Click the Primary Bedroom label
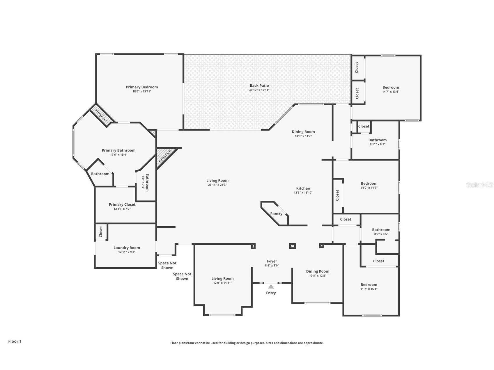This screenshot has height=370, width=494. [x=142, y=87]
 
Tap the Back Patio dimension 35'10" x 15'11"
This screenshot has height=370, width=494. [x=259, y=90]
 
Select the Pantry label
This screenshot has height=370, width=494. [x=276, y=214]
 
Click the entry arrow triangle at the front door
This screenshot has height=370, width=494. [x=271, y=287]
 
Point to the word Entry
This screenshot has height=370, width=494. [x=271, y=293]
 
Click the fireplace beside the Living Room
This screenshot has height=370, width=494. [x=165, y=156]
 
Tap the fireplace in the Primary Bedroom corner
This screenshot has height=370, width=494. [x=101, y=115]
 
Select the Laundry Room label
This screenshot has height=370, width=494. [x=127, y=248]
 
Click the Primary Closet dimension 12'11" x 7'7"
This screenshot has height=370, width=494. [x=122, y=209]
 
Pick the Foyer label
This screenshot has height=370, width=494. [x=272, y=261]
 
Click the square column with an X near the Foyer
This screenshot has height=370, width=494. [x=292, y=246]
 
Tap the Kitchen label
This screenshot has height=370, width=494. [x=303, y=188]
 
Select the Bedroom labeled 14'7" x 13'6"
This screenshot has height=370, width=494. [x=391, y=87]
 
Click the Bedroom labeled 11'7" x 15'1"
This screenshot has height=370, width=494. [x=369, y=285]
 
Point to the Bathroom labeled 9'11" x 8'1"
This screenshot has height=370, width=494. [x=378, y=140]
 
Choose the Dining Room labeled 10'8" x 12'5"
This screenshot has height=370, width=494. [x=318, y=271]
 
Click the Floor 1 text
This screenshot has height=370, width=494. [x=15, y=341]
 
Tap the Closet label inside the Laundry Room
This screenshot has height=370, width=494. [x=101, y=232]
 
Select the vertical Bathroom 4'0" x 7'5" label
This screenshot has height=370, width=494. [x=147, y=182]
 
